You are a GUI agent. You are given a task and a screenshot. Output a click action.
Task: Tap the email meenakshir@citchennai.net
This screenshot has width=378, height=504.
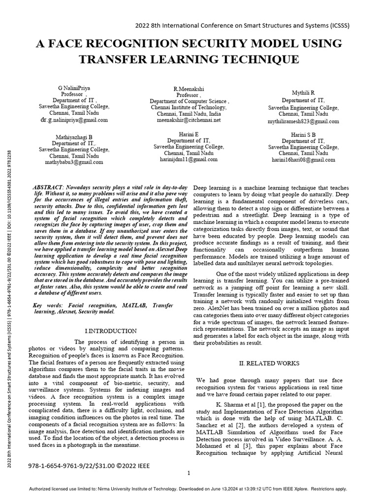189,120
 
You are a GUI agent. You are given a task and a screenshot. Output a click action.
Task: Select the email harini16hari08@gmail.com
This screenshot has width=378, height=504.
303,160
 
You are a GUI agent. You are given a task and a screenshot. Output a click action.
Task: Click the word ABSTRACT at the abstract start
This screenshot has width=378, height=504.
47,189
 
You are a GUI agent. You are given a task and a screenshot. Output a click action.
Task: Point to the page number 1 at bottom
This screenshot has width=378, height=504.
189,473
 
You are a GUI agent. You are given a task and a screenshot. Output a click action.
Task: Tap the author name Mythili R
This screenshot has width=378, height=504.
303,93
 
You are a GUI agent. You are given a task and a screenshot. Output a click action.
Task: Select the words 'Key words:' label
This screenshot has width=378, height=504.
48,306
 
